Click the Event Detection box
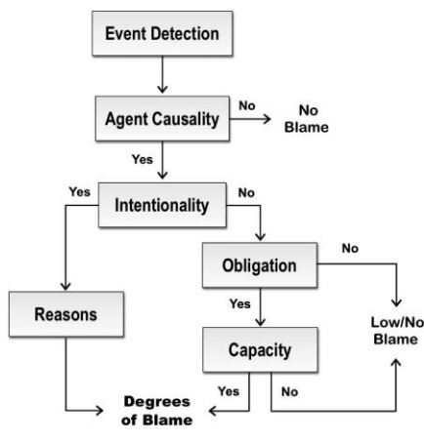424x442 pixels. click(162, 33)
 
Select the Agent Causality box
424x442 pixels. click(162, 119)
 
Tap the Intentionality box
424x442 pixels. click(162, 205)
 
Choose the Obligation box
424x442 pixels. click(260, 265)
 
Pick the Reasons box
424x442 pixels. click(66, 314)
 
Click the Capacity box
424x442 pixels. click(260, 349)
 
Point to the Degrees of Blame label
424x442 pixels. click(157, 411)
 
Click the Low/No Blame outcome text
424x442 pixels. click(397, 331)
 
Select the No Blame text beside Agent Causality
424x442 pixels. click(307, 119)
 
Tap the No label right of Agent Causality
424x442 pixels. click(247, 105)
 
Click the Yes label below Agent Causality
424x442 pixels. click(143, 159)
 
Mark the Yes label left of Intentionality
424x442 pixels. click(79, 192)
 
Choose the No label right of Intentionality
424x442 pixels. click(246, 193)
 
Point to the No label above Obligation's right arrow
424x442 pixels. click(350, 249)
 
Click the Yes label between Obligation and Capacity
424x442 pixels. click(240, 303)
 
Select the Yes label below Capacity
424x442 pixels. click(229, 391)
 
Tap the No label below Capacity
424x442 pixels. click(289, 392)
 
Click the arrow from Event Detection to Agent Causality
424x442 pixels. click(162, 74)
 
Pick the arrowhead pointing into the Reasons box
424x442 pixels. click(65, 286)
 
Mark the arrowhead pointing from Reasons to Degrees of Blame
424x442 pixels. click(99, 411)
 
